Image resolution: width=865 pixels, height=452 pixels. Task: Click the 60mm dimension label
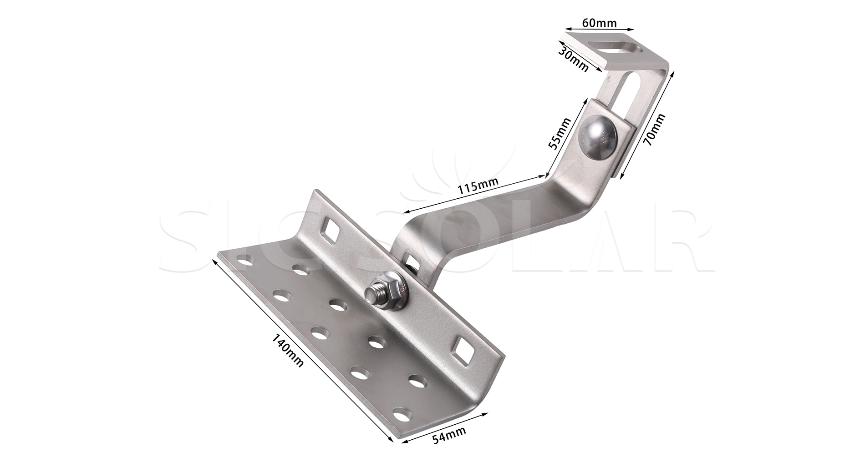point(600,22)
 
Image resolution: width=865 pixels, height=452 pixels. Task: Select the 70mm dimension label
point(654,129)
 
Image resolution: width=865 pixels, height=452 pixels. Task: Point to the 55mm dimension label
point(560,133)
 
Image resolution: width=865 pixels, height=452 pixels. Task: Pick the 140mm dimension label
point(287,350)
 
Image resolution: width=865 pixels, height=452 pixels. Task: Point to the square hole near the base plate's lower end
point(463,350)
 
